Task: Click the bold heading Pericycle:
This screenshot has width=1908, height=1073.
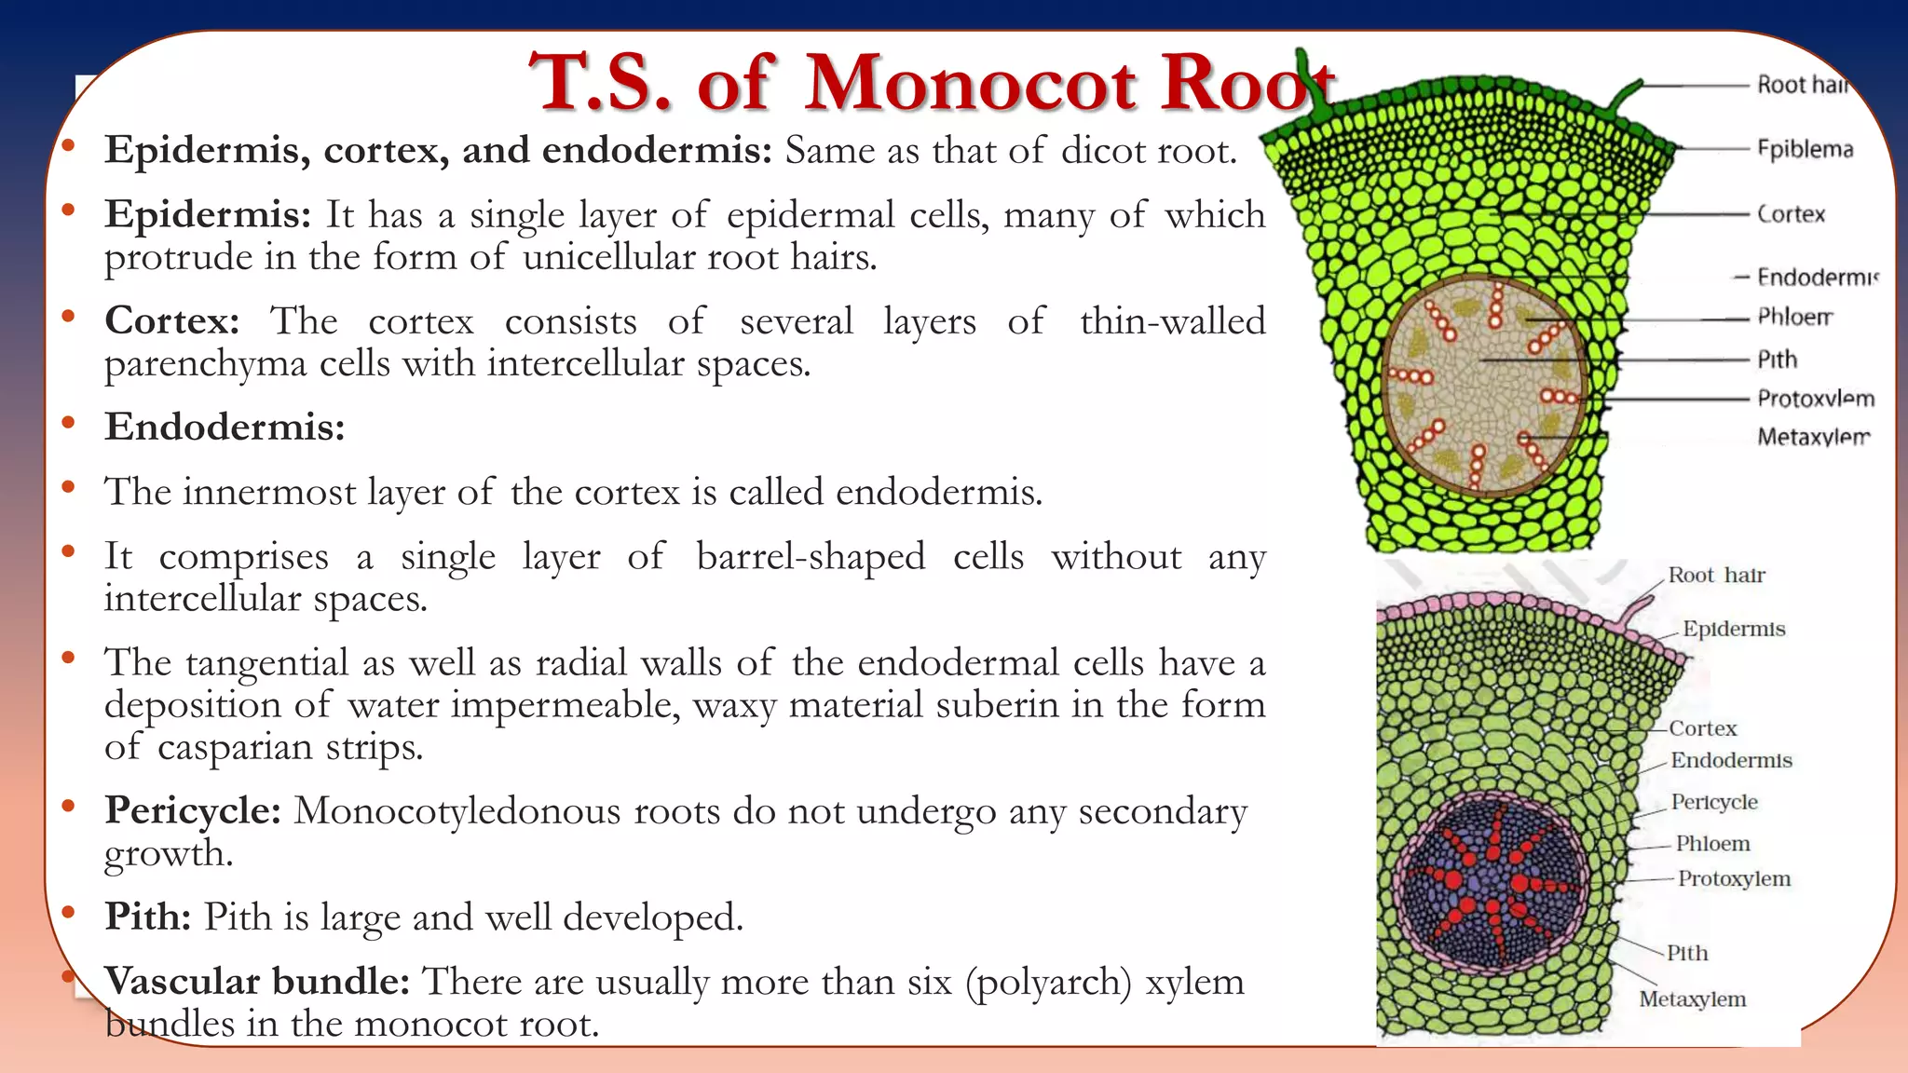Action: tap(193, 810)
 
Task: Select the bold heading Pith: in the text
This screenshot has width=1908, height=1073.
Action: tap(148, 917)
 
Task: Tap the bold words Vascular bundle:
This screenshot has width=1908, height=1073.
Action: tap(257, 982)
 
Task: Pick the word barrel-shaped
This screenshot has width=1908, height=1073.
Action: tap(811, 557)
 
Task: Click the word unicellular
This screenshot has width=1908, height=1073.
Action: tap(608, 257)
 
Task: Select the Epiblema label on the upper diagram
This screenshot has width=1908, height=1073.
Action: tap(1805, 149)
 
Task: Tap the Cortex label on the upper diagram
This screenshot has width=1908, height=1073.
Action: tap(1791, 214)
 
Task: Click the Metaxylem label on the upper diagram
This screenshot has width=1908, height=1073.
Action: tap(1813, 436)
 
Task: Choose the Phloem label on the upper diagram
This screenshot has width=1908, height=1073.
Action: tap(1794, 317)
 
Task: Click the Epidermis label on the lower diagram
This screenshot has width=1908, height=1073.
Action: tap(1734, 629)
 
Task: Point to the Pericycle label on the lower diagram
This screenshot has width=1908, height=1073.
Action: tap(1713, 802)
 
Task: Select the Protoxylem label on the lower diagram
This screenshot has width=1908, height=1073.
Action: tap(1734, 878)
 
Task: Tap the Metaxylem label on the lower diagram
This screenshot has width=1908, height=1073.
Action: tap(1692, 999)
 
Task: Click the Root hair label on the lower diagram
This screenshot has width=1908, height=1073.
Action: tap(1716, 575)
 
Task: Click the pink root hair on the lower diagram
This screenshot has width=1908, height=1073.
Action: tap(1632, 611)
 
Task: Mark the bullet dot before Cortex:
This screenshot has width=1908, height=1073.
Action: tap(68, 317)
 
